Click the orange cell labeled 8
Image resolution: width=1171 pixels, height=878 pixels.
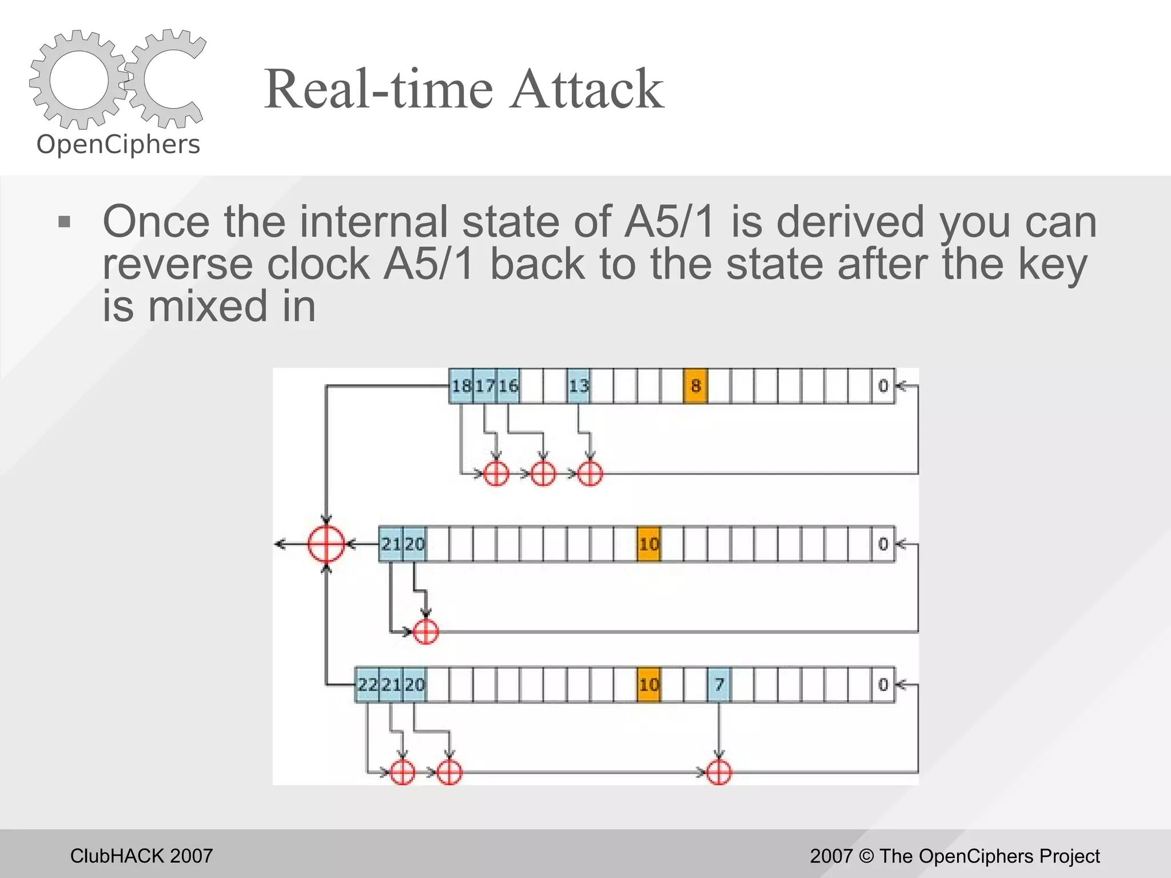(x=695, y=386)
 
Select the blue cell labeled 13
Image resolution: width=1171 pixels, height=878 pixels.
(x=579, y=386)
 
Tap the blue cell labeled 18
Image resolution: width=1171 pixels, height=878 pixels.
(x=461, y=386)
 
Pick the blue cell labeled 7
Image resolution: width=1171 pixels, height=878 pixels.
(x=719, y=684)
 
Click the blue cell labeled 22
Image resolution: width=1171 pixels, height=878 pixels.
(x=368, y=684)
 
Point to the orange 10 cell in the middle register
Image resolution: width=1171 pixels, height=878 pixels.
(x=648, y=544)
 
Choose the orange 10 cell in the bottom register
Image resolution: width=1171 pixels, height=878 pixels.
(x=648, y=684)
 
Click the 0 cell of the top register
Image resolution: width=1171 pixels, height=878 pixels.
(x=883, y=386)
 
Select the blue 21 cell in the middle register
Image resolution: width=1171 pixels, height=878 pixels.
(x=391, y=544)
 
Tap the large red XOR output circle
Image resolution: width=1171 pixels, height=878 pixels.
(x=326, y=544)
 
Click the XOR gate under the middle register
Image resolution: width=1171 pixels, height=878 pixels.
(x=425, y=632)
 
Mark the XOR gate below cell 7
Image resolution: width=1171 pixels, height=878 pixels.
(x=719, y=773)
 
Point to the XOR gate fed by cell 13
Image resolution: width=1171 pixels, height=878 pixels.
(x=590, y=474)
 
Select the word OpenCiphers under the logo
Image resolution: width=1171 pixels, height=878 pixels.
(x=118, y=145)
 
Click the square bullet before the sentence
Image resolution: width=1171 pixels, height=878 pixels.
(x=64, y=222)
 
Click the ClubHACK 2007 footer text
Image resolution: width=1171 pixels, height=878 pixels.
(x=141, y=856)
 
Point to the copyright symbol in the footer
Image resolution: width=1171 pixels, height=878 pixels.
(x=866, y=856)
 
